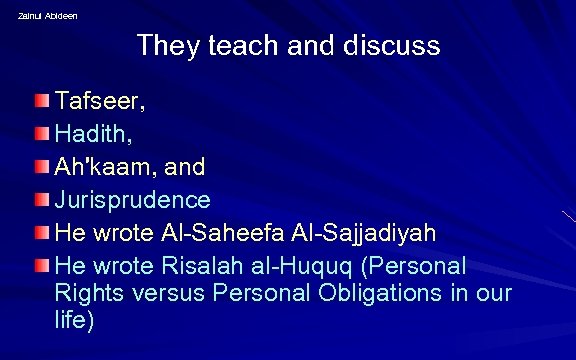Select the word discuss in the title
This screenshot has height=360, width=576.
[388, 46]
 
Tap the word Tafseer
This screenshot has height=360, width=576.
[99, 102]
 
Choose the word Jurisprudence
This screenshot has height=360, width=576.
[133, 200]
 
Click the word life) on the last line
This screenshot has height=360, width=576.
[76, 322]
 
